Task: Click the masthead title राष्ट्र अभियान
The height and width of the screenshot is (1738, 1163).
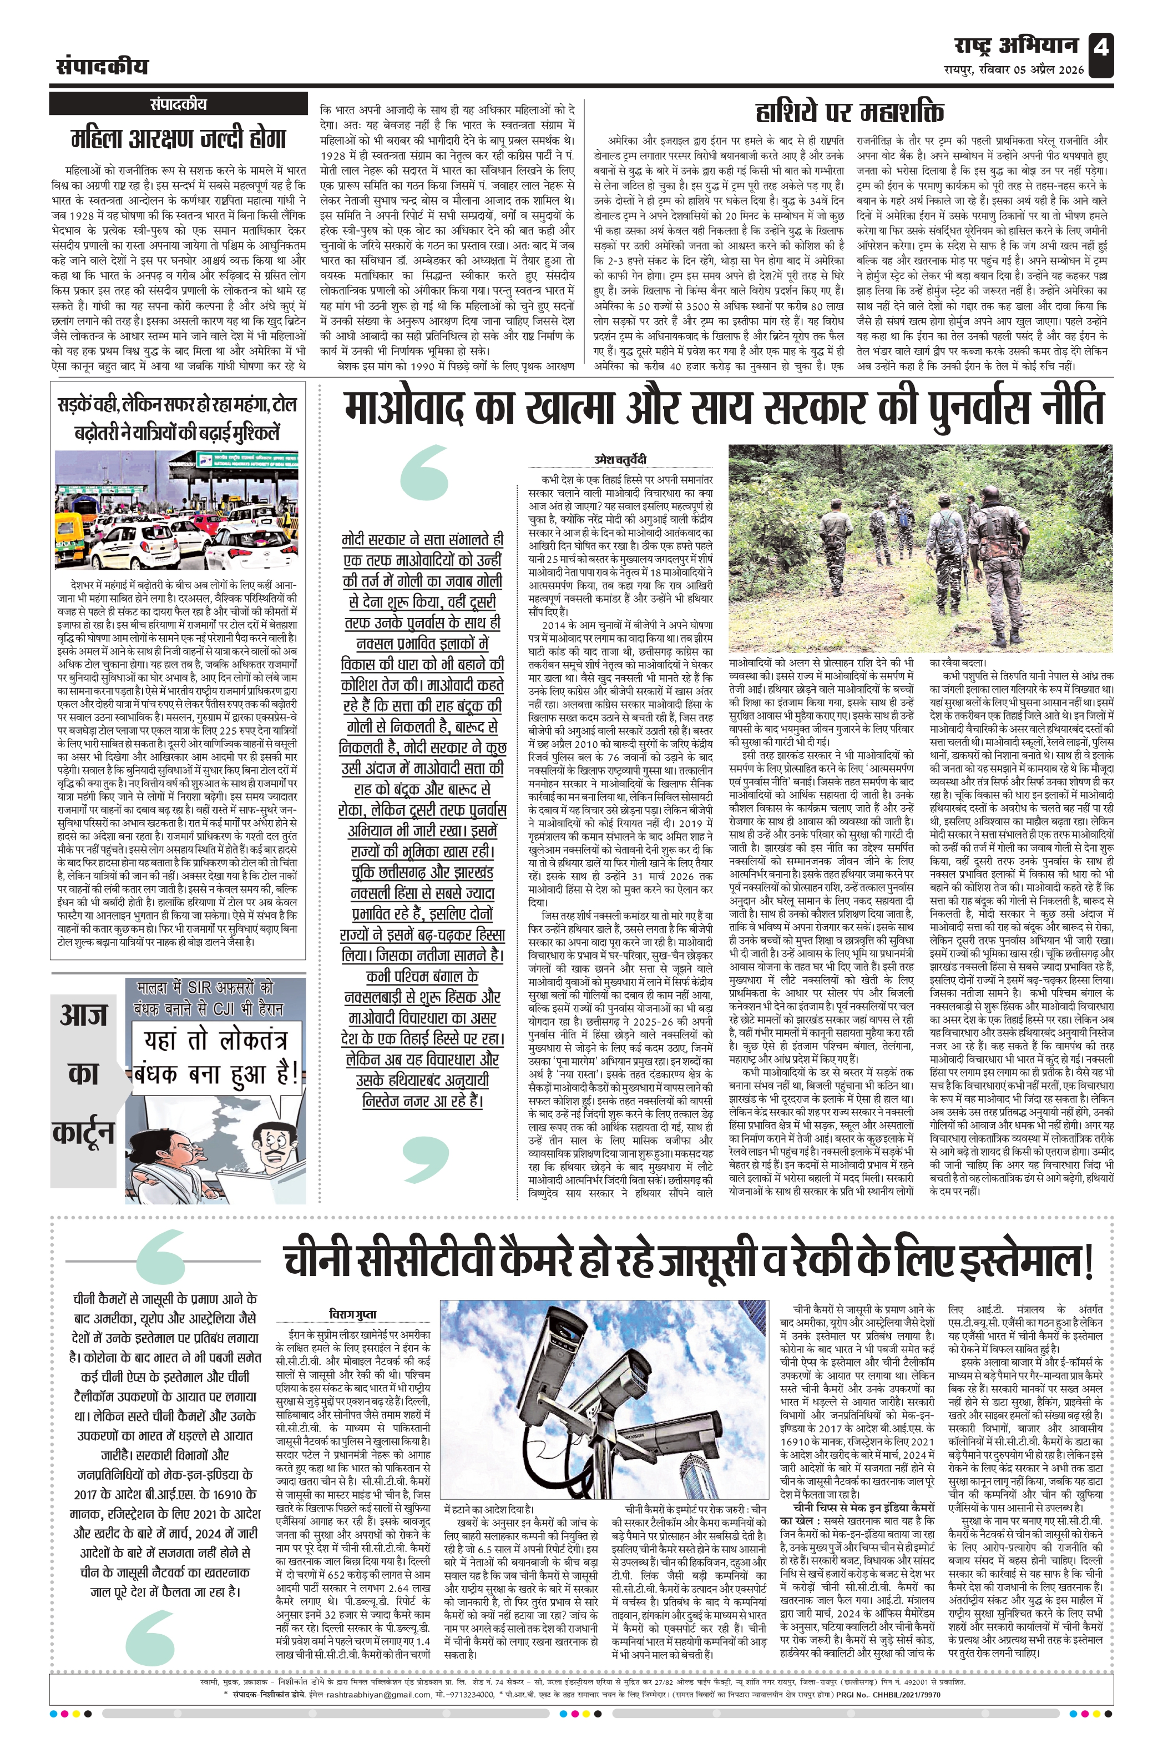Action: [1015, 46]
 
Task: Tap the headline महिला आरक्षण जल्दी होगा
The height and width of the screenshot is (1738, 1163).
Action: [178, 139]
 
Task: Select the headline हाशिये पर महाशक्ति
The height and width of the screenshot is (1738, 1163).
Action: [850, 112]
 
